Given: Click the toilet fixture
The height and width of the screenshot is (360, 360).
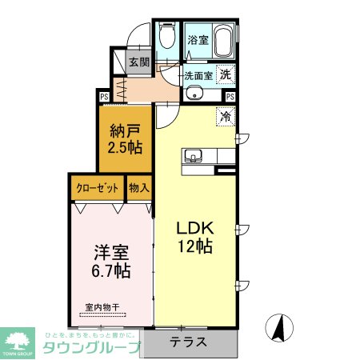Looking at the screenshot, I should (x=167, y=35).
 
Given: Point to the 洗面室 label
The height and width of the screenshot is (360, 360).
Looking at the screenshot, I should (x=198, y=76).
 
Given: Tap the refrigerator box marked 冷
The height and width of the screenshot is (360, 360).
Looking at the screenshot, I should (x=226, y=115).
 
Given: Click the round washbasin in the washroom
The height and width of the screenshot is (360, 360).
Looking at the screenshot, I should (x=194, y=94).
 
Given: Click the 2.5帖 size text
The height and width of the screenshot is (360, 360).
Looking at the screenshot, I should (x=126, y=149).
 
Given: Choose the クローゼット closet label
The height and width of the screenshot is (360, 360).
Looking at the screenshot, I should (x=97, y=188).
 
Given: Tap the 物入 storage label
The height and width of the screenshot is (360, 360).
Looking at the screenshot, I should (x=139, y=188).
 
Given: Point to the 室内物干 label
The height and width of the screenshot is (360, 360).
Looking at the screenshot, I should (x=102, y=306).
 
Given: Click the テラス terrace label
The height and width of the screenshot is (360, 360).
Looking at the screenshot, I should (x=189, y=342).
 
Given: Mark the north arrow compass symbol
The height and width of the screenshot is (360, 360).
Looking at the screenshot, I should (x=280, y=328).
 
